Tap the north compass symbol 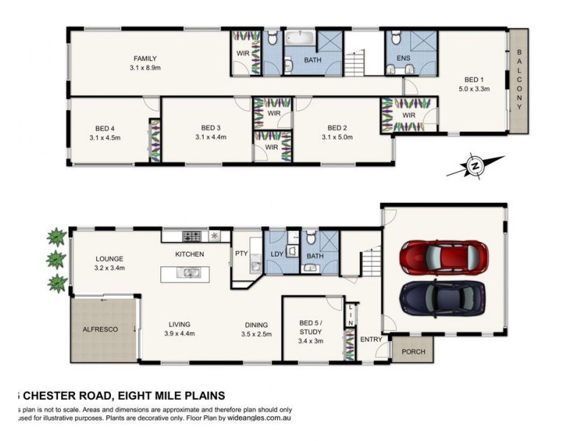coord(476,166)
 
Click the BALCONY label coord(519,80)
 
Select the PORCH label coord(413,351)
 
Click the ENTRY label coord(370,339)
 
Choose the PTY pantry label coord(240,254)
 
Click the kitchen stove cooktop coord(192,236)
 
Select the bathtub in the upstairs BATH coord(299,37)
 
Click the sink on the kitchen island coord(190,273)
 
